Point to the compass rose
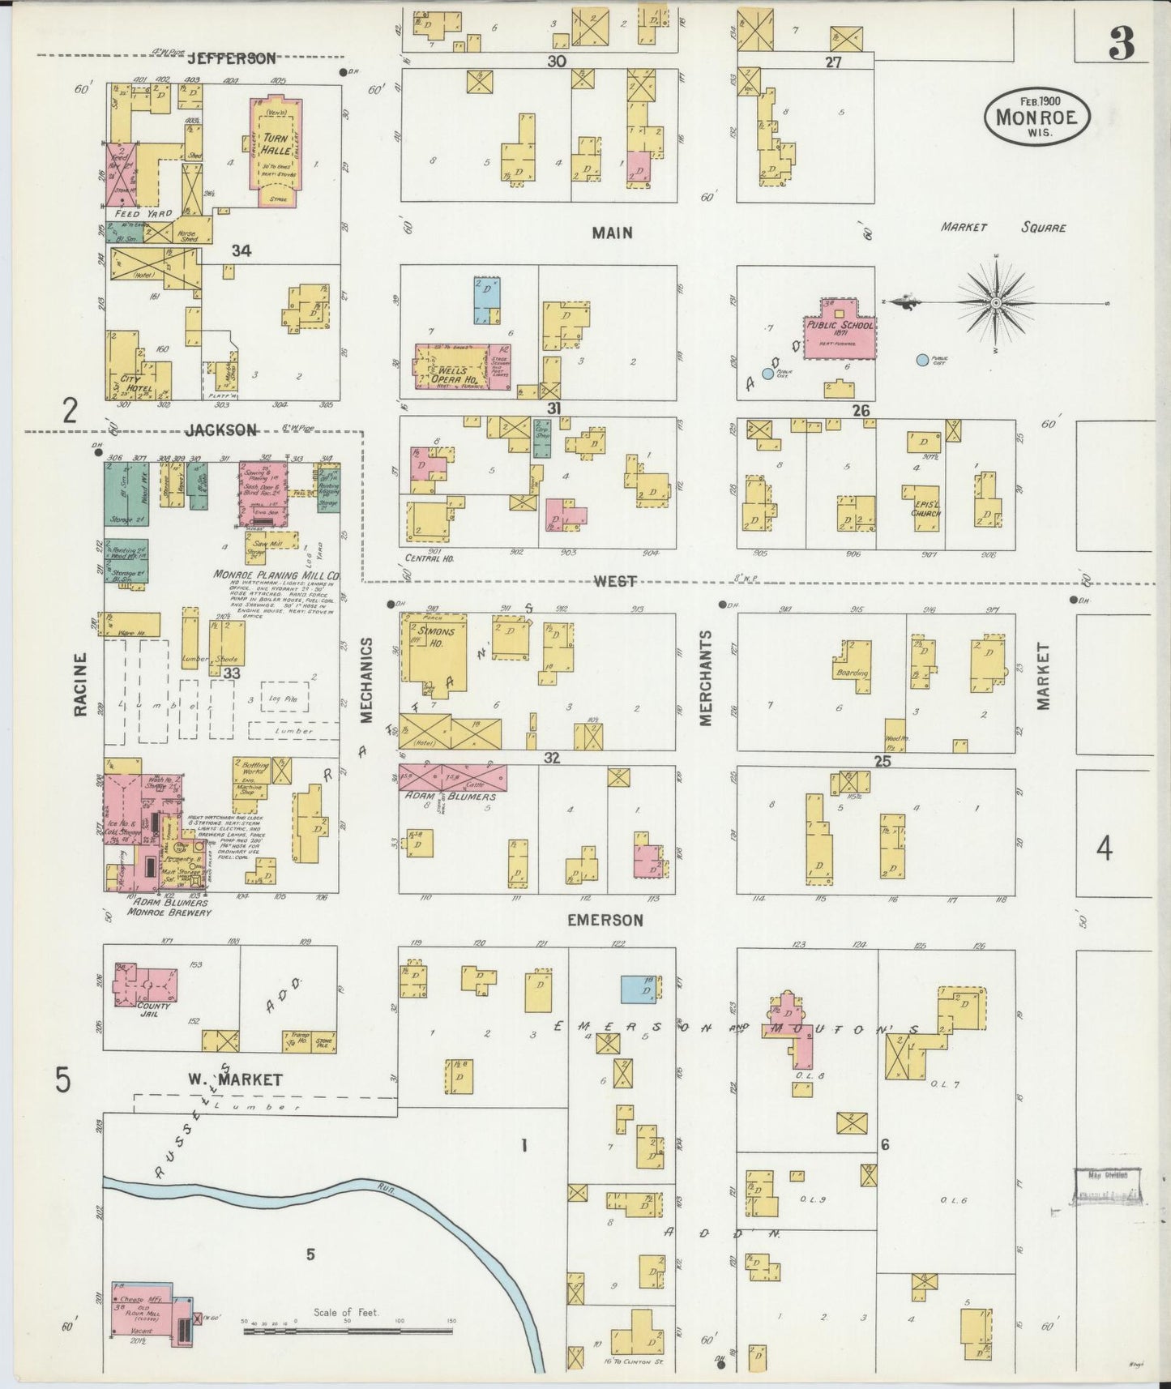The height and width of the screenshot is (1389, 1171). pyautogui.click(x=994, y=302)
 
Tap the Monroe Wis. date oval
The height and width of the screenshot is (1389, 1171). pyautogui.click(x=1036, y=116)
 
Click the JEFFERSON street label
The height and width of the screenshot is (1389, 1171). pyautogui.click(x=232, y=58)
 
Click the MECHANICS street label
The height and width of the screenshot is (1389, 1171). pyautogui.click(x=366, y=679)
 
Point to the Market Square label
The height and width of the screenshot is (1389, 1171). pyautogui.click(x=1002, y=228)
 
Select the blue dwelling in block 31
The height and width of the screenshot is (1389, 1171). pyautogui.click(x=487, y=298)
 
